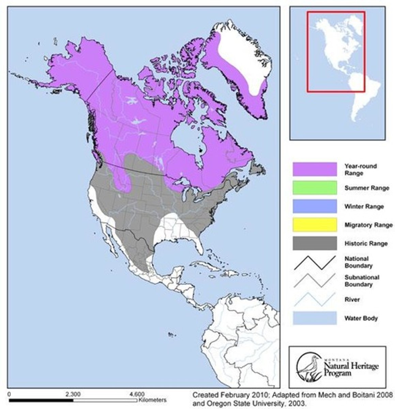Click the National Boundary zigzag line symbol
pos(315,262)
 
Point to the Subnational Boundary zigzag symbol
pos(315,281)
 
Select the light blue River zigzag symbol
pos(315,299)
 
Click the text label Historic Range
pos(366,243)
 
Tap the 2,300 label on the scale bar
pos(73,394)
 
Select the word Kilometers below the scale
pos(152,399)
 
